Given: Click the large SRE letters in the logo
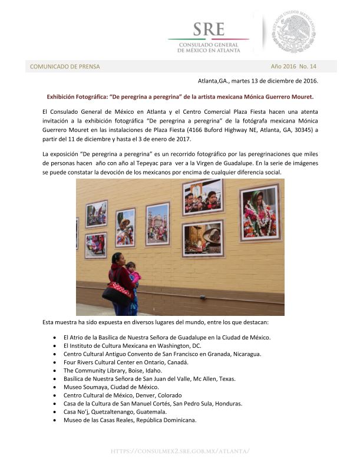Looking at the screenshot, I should tap(207, 28).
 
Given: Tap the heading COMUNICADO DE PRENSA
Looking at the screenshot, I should tap(65, 67).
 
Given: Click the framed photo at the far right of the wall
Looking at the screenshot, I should tap(259, 212).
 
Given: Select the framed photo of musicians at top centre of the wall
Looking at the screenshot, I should tap(202, 197).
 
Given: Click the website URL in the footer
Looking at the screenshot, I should tap(180, 451).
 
